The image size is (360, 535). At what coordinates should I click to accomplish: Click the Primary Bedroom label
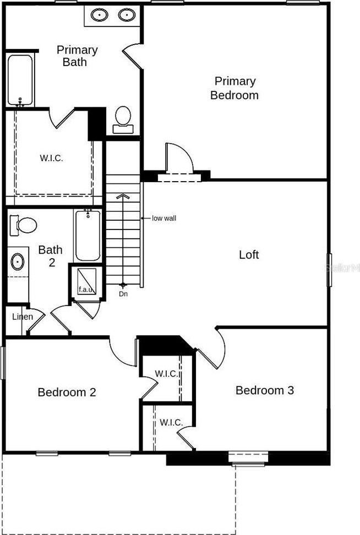[234, 88]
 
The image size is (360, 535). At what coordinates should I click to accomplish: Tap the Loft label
[249, 254]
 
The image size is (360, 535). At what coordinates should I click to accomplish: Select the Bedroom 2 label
[67, 392]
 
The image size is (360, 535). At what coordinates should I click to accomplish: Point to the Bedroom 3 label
[264, 390]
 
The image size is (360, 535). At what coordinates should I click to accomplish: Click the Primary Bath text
[77, 56]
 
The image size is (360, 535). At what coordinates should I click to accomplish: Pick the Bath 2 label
[51, 255]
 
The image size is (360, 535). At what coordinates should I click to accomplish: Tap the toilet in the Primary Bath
[123, 119]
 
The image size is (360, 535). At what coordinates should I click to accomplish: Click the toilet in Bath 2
[23, 225]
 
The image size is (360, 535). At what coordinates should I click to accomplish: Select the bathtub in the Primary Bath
[20, 80]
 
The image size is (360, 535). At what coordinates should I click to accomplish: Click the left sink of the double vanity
[99, 15]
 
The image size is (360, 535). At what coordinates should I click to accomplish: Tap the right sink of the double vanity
[127, 15]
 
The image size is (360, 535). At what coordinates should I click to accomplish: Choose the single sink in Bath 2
[18, 262]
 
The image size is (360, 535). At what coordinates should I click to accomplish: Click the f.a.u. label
[86, 290]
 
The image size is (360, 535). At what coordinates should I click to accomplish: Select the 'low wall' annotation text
[164, 218]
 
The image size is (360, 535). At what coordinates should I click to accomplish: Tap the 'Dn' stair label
[123, 293]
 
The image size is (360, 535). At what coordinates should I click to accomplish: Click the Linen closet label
[23, 316]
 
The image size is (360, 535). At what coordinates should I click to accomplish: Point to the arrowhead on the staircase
[123, 196]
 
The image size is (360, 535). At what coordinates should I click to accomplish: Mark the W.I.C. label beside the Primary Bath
[51, 158]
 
